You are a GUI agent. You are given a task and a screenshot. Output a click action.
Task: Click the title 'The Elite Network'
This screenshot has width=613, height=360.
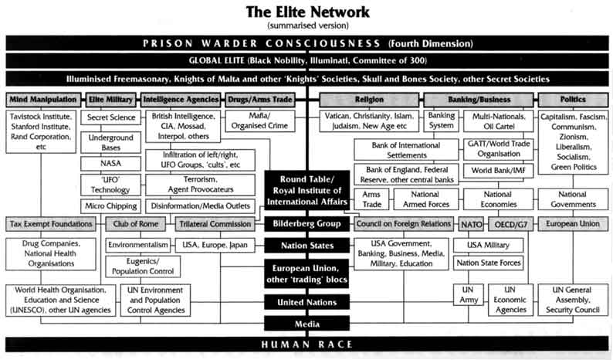pos(307,12)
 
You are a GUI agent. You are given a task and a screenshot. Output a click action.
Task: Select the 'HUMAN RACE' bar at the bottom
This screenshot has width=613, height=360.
pos(307,345)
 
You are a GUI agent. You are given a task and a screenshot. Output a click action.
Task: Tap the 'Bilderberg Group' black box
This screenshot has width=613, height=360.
pos(307,224)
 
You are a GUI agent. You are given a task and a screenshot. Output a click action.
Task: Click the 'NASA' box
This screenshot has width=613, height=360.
pos(110,164)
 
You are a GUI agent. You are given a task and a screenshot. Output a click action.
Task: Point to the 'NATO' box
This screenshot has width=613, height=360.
pos(471,224)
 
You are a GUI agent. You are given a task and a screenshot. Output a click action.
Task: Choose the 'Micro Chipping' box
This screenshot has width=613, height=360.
pos(110,206)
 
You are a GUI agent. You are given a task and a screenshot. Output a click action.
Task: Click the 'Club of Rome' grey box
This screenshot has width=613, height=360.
pos(136,224)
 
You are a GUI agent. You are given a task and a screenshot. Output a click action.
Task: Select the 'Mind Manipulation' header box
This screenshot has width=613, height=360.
pos(43,100)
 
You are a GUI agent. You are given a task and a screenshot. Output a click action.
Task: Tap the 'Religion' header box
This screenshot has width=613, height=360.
pos(369,100)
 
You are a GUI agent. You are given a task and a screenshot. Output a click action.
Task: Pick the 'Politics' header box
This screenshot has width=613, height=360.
pos(573,100)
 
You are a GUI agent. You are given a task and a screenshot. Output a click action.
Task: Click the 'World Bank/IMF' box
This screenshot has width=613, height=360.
pos(499,171)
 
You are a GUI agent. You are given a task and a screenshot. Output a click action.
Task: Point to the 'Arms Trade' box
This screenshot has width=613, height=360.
pos(371,199)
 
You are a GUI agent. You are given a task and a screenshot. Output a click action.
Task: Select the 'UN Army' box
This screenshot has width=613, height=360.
pos(469,294)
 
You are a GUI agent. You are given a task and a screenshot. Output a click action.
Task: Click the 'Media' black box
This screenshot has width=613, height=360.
pos(307,324)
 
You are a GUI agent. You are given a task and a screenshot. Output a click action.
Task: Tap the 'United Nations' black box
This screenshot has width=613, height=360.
pos(307,302)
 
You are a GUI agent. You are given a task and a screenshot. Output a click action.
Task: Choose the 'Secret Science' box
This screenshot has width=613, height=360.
pos(110,117)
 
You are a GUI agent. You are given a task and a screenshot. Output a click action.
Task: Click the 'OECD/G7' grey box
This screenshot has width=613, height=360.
pos(511,224)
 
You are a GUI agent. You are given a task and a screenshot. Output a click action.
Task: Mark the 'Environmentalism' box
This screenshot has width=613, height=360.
pos(138,246)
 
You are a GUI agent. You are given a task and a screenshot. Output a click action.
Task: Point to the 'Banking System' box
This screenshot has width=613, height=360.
pos(441,121)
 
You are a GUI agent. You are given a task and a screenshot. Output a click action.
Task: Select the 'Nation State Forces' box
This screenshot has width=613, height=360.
pos(488,263)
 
